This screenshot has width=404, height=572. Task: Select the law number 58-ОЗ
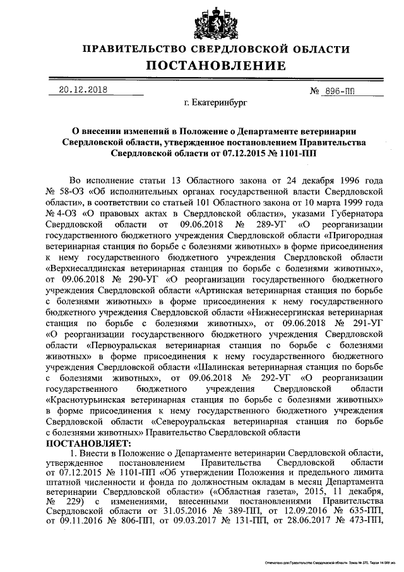click(x=70, y=190)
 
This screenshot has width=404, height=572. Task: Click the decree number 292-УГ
click(x=258, y=378)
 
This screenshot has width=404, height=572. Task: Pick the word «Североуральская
click(x=194, y=422)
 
